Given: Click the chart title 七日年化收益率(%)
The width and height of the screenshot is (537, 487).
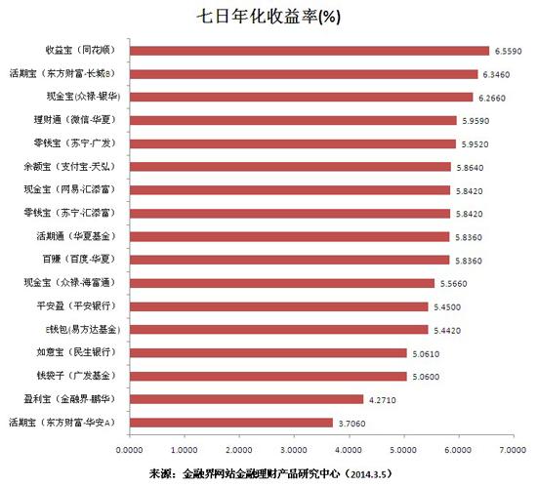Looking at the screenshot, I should coord(268,17).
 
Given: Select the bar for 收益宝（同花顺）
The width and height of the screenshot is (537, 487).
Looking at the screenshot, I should coord(309,50).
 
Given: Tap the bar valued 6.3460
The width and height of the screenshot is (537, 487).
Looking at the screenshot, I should coord(303,73).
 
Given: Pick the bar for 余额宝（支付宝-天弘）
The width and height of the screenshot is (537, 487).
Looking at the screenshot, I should coord(289,166).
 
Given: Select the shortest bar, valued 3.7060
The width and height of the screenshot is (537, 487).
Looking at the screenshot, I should coord(230,423).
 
